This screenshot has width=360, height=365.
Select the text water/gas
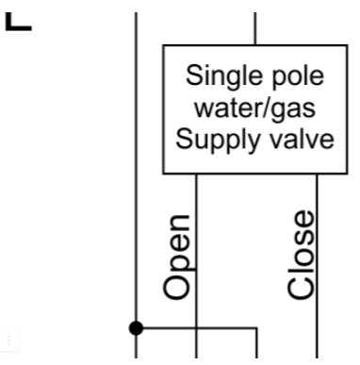tap(254, 109)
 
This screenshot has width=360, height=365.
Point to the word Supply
tap(218, 141)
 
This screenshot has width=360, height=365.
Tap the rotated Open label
tap(177, 257)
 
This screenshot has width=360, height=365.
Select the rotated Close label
tap(301, 255)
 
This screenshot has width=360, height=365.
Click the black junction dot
tap(136, 328)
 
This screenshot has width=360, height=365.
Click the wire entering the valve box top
tap(255, 28)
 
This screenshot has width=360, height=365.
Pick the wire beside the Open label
tap(196, 266)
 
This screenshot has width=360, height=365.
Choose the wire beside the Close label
tap(317, 266)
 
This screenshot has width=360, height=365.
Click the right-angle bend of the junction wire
tap(256, 328)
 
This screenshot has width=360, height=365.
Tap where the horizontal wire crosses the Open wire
tap(196, 328)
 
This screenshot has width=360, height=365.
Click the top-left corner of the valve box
tap(163, 45)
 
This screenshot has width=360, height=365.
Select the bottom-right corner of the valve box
tap(347, 174)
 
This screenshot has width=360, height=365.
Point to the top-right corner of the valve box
tap(347, 45)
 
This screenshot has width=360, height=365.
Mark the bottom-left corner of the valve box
tap(163, 174)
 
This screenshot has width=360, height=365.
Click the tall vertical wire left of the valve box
tap(136, 185)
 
